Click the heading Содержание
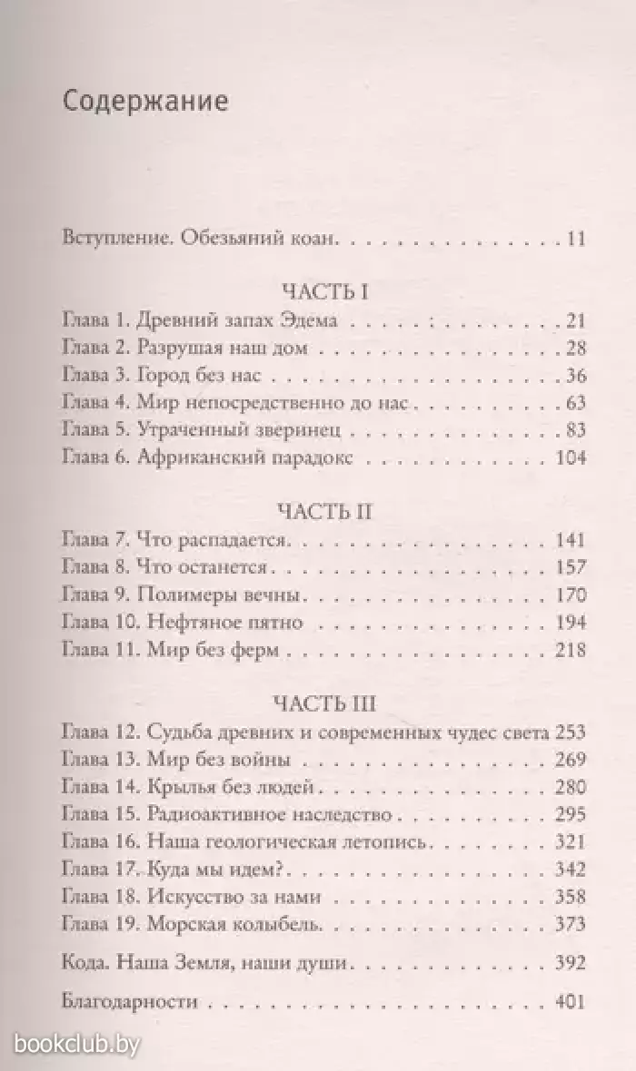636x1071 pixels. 145,101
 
